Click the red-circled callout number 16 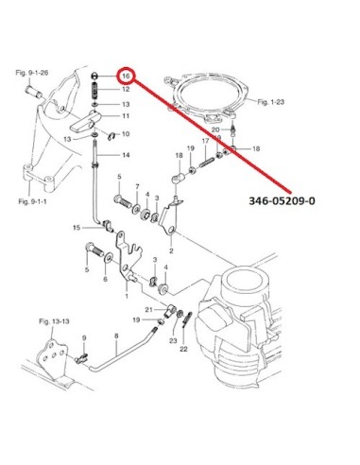(x=126, y=76)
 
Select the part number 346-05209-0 (x=282, y=200)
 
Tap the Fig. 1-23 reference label (x=271, y=102)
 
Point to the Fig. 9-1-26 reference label (x=32, y=73)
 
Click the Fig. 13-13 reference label (x=54, y=321)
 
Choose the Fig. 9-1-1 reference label (x=32, y=201)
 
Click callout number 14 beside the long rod (x=126, y=155)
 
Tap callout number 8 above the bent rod (x=116, y=336)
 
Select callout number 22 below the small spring (x=183, y=349)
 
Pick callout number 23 (x=173, y=340)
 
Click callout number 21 (x=148, y=310)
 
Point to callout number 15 (x=77, y=228)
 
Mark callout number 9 (x=84, y=338)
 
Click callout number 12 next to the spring (x=126, y=89)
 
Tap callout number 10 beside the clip (x=126, y=134)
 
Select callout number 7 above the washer (x=137, y=187)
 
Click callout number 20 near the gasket (x=215, y=129)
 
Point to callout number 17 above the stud (x=205, y=141)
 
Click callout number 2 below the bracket (x=171, y=251)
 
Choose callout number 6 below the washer (x=105, y=279)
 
